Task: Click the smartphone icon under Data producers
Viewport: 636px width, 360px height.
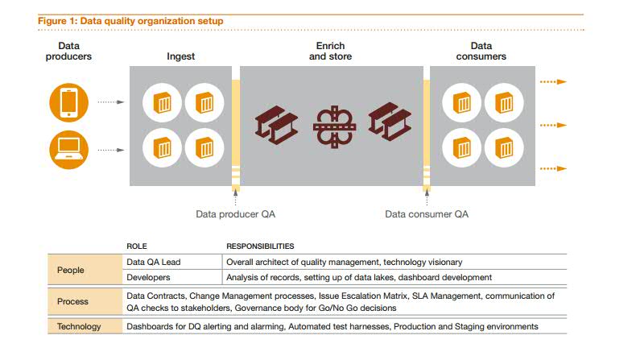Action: coord(69,102)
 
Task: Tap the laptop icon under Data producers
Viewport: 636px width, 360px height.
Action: coord(69,149)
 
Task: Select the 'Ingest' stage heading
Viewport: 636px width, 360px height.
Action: coord(180,56)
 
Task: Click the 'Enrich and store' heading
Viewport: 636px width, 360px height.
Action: coord(331,52)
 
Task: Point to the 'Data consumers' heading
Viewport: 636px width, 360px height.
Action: coord(481,52)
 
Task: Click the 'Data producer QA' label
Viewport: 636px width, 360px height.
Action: coord(236,214)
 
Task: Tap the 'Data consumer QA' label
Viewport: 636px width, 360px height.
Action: coord(426,214)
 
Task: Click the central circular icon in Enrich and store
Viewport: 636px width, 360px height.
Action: coord(333,126)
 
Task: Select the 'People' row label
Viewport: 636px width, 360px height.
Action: coord(72,270)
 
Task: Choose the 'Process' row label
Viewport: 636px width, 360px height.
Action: coord(72,301)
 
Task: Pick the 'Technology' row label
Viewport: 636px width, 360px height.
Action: coord(79,326)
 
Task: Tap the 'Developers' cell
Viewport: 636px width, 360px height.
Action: coord(149,277)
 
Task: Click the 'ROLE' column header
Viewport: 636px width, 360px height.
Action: coord(137,246)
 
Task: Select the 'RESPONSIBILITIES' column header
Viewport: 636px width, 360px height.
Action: coord(260,246)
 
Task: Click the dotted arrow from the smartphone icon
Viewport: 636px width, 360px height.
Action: coord(109,102)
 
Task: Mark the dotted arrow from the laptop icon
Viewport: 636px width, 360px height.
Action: coord(109,149)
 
